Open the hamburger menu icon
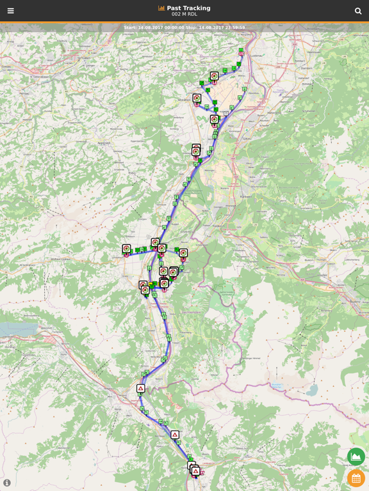click(x=10, y=11)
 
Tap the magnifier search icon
click(x=358, y=11)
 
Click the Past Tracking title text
click(x=188, y=8)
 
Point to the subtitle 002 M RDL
click(x=184, y=15)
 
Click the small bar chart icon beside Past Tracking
click(x=161, y=8)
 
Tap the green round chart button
click(x=356, y=456)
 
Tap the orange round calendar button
click(x=356, y=478)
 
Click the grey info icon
click(x=7, y=483)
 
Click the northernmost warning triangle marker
click(x=140, y=388)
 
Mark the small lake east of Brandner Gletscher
click(x=276, y=386)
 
